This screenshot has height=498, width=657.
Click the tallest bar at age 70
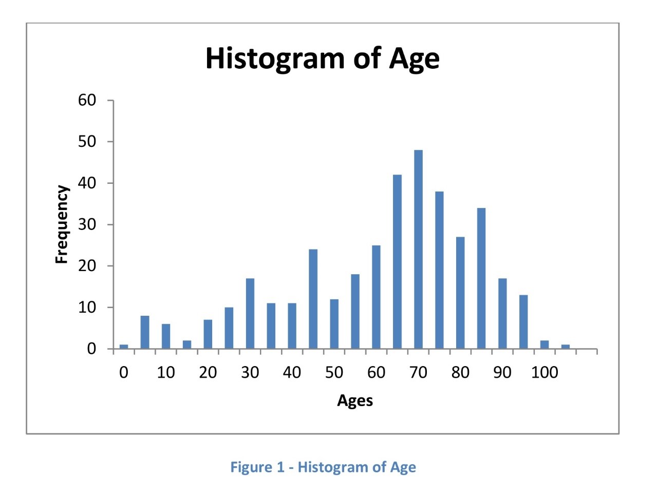tap(418, 249)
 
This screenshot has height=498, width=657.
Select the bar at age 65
tap(397, 261)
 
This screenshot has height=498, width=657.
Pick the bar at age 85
tap(481, 278)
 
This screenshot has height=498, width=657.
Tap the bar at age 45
tap(313, 299)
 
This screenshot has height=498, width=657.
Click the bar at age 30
tap(250, 314)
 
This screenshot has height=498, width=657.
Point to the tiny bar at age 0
tap(124, 347)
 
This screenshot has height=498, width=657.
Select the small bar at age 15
tap(187, 344)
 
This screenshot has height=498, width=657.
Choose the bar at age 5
tap(145, 332)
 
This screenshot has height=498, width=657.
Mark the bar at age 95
tap(523, 322)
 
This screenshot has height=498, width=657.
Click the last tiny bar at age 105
tap(566, 347)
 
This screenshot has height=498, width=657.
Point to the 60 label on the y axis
tap(87, 100)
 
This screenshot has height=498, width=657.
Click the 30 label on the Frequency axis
tap(87, 224)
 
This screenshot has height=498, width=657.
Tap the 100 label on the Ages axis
tap(545, 373)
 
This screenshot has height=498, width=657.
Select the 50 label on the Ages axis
tap(334, 373)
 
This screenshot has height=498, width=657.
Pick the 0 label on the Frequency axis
tap(91, 349)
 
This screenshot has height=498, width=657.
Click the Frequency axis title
tap(62, 224)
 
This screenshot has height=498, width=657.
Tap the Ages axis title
tap(355, 400)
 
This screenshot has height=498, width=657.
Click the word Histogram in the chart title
tap(275, 59)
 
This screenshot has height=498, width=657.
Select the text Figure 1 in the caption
tap(257, 467)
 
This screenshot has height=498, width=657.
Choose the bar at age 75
tap(439, 270)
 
